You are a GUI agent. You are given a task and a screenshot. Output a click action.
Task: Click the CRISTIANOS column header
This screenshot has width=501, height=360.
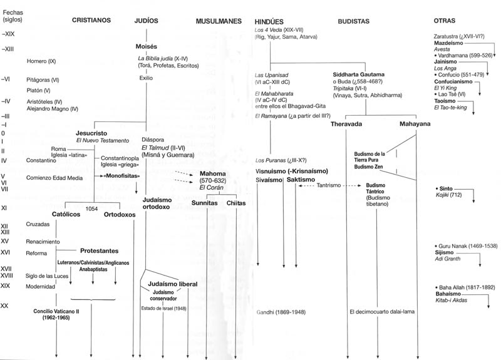(91, 21)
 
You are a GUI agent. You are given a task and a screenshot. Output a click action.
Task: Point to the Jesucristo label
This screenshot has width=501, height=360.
(93, 133)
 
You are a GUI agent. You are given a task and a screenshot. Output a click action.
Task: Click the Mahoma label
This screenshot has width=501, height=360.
(213, 173)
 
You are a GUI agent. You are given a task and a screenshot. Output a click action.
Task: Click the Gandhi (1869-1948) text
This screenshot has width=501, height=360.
(281, 311)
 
